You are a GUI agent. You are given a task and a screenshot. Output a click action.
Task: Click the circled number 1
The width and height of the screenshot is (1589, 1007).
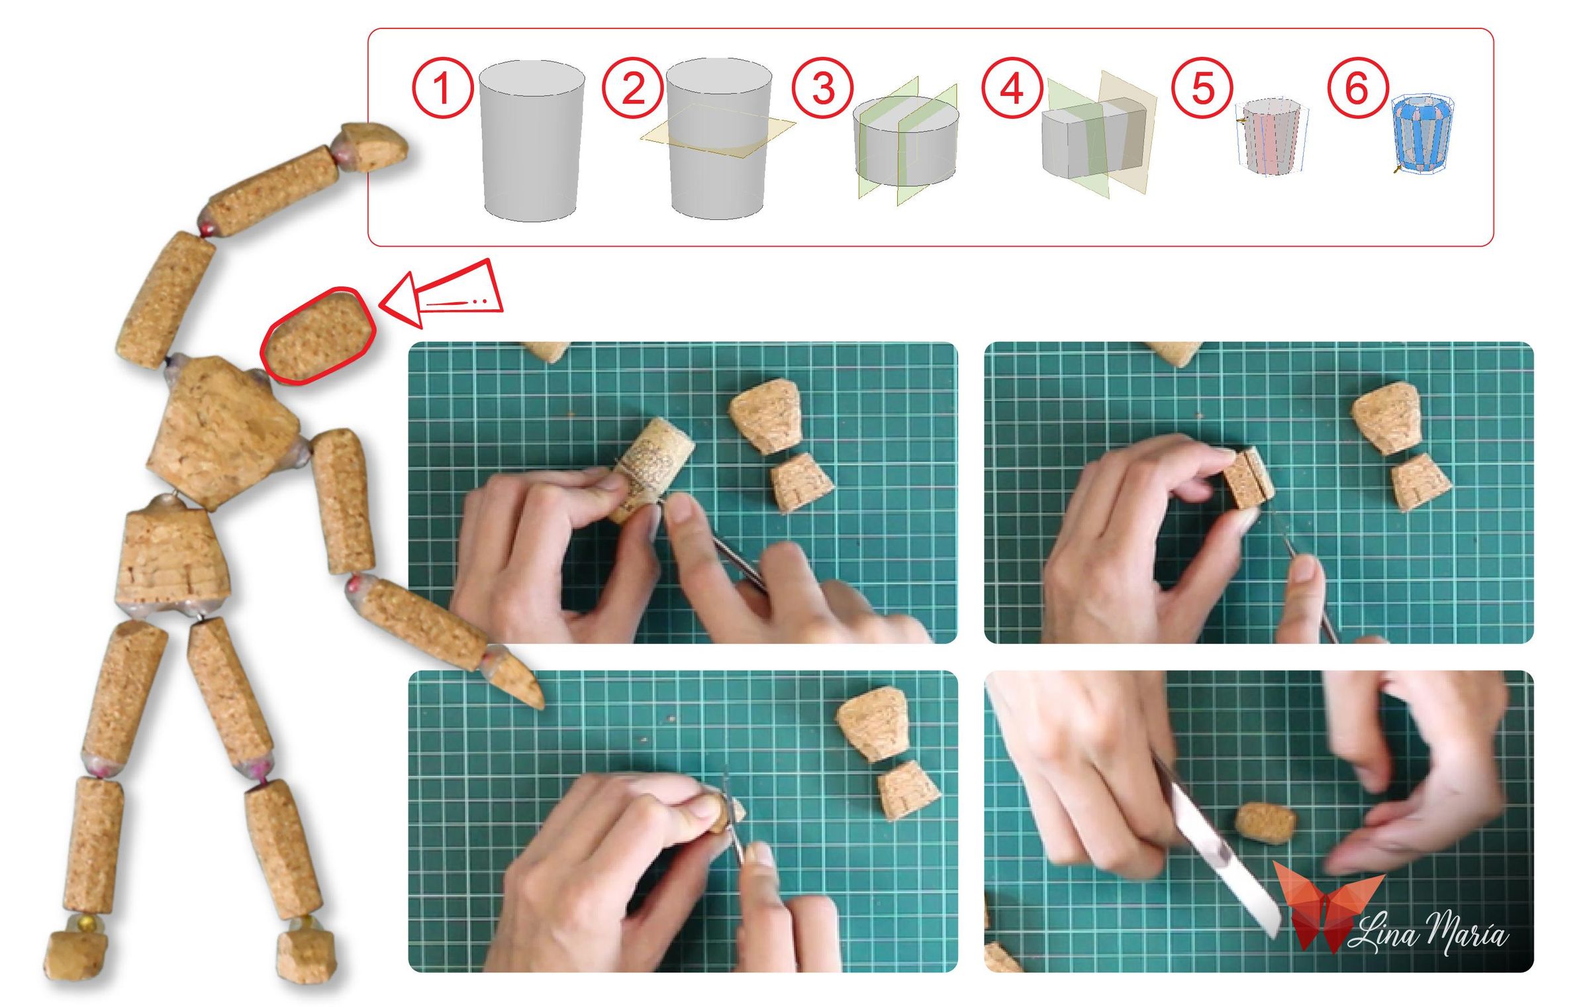point(442,88)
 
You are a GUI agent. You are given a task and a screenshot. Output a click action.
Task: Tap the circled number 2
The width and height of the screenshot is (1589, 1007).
point(632,88)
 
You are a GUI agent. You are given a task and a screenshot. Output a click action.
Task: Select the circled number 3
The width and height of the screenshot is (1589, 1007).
point(822,88)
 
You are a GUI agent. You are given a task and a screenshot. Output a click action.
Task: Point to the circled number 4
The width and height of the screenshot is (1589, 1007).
point(1012,88)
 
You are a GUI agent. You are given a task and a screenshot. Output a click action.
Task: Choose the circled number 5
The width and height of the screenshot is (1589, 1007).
point(1202,88)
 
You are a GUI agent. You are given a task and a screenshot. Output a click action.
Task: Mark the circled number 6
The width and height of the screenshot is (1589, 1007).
point(1357,88)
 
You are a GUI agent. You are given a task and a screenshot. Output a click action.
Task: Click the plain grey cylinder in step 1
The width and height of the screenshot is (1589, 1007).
point(532,140)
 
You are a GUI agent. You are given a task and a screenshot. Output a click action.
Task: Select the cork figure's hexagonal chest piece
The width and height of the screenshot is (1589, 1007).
point(222,431)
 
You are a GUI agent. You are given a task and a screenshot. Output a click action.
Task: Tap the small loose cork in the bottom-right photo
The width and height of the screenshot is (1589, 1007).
point(1265,822)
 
